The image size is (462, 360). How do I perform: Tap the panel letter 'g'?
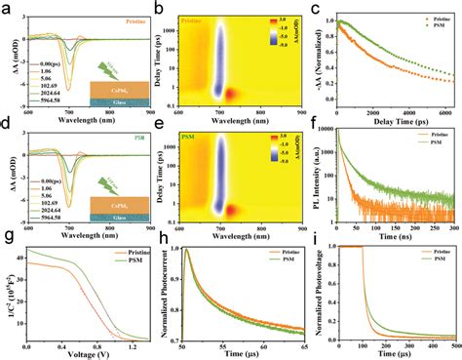[x=7, y=241]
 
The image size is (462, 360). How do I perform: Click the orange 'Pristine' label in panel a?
[x=134, y=19]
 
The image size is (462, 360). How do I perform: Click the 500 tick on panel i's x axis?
[x=454, y=344]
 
